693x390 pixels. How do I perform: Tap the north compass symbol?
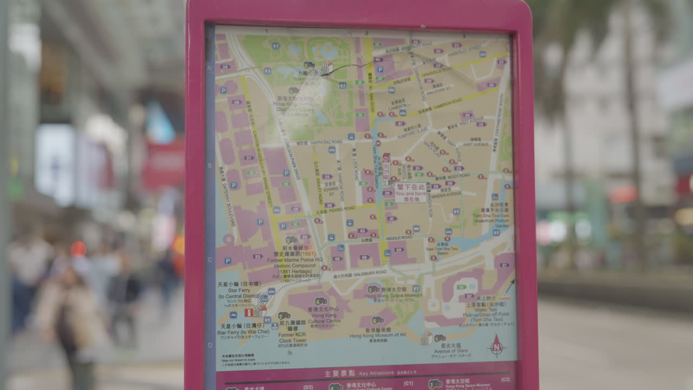click(496, 346)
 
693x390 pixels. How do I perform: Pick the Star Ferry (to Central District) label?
click(239, 293)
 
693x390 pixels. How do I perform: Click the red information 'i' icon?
click(249, 313)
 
